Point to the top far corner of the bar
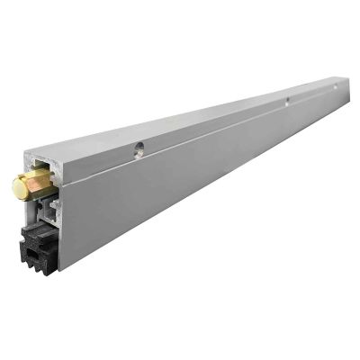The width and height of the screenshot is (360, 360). [346, 78]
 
